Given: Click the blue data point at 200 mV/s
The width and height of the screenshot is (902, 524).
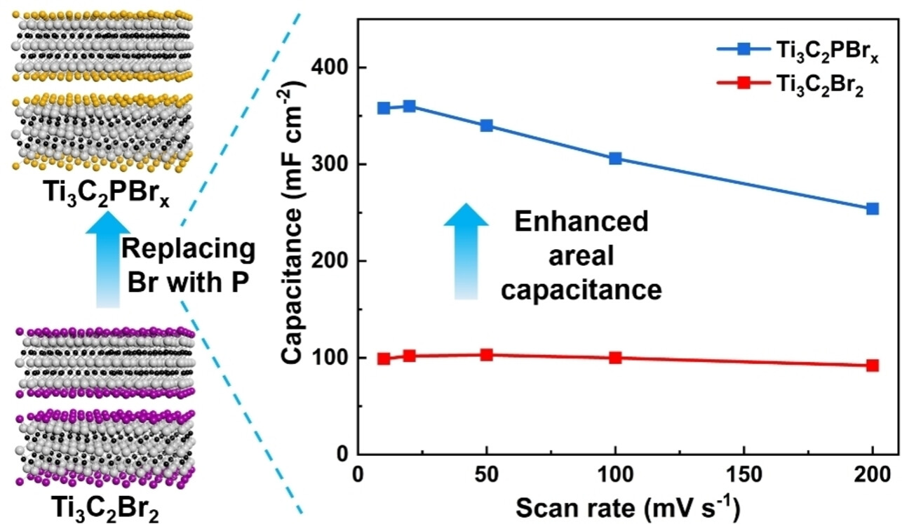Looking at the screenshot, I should (873, 208).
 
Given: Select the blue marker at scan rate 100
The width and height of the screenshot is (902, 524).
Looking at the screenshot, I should (615, 159).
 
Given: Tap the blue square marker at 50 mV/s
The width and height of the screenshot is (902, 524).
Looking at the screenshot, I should (486, 126).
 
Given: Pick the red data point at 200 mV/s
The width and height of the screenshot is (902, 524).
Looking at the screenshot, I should (873, 365).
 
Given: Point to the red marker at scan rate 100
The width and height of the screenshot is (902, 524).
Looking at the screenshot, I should (615, 358).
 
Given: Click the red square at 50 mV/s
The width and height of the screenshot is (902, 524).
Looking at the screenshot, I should (486, 355).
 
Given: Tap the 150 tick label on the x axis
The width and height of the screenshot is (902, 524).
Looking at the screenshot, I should (743, 474).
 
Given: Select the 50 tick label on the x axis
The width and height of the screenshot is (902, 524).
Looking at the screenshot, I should (486, 474).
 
